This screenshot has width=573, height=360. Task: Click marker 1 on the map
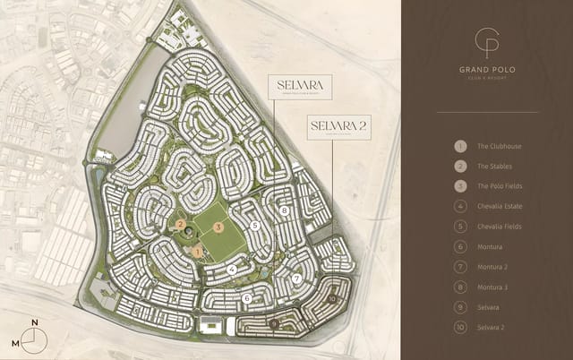(198, 253)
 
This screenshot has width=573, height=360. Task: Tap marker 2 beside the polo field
(181, 225)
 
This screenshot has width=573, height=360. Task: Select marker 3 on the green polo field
(219, 227)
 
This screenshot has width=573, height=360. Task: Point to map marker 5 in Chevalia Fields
(256, 227)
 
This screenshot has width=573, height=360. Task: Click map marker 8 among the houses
(284, 210)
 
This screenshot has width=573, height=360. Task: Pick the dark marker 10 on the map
(332, 298)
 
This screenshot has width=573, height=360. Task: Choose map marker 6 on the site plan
(246, 297)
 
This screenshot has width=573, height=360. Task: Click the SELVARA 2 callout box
(336, 126)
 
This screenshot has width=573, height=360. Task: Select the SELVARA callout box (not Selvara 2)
(301, 86)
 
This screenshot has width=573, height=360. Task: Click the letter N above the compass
(35, 322)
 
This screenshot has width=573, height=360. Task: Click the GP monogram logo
(487, 43)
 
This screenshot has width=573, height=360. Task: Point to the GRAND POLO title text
(486, 69)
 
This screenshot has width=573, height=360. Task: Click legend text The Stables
(494, 166)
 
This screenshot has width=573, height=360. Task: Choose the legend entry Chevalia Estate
(500, 206)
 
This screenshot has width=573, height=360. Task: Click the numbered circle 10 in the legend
(459, 327)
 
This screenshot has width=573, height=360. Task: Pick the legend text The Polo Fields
(499, 186)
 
